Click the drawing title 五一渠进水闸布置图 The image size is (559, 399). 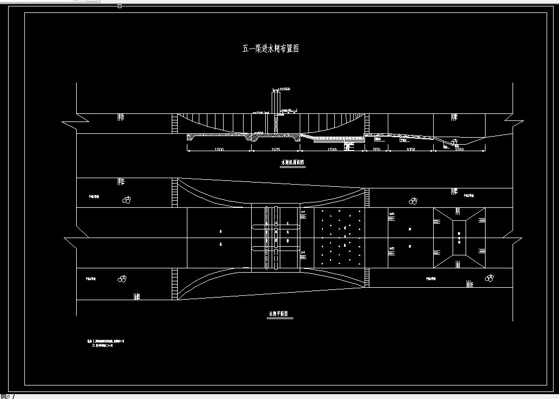click(x=270, y=49)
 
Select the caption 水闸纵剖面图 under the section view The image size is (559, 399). click(x=292, y=162)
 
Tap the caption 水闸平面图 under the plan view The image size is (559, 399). click(x=279, y=314)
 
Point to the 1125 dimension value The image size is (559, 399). click(x=275, y=149)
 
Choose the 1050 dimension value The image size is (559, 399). click(x=410, y=149)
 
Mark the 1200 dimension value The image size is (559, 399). click(x=459, y=149)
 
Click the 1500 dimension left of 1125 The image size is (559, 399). click(x=219, y=149)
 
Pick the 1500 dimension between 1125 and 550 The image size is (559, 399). click(x=332, y=149)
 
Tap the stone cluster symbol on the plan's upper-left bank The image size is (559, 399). click(x=127, y=200)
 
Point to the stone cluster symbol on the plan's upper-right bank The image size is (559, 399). click(x=413, y=201)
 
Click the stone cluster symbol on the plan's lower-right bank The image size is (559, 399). click(x=489, y=279)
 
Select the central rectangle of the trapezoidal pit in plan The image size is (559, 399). click(x=459, y=238)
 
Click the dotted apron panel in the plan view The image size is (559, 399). click(x=339, y=238)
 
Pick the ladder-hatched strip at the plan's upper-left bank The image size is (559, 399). click(x=174, y=192)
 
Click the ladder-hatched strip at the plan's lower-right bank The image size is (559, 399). click(x=367, y=278)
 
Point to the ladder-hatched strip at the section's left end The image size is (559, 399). click(x=174, y=124)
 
